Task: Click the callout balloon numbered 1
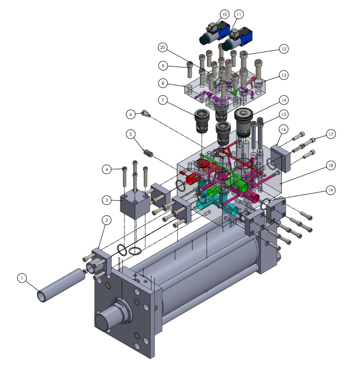22,278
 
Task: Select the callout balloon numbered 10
224,14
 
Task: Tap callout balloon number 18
330,166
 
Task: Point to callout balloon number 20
163,47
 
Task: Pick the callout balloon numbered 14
284,100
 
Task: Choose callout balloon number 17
330,134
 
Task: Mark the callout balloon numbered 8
163,83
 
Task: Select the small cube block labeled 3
135,204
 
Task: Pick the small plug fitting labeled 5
149,153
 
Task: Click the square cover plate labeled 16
280,158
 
